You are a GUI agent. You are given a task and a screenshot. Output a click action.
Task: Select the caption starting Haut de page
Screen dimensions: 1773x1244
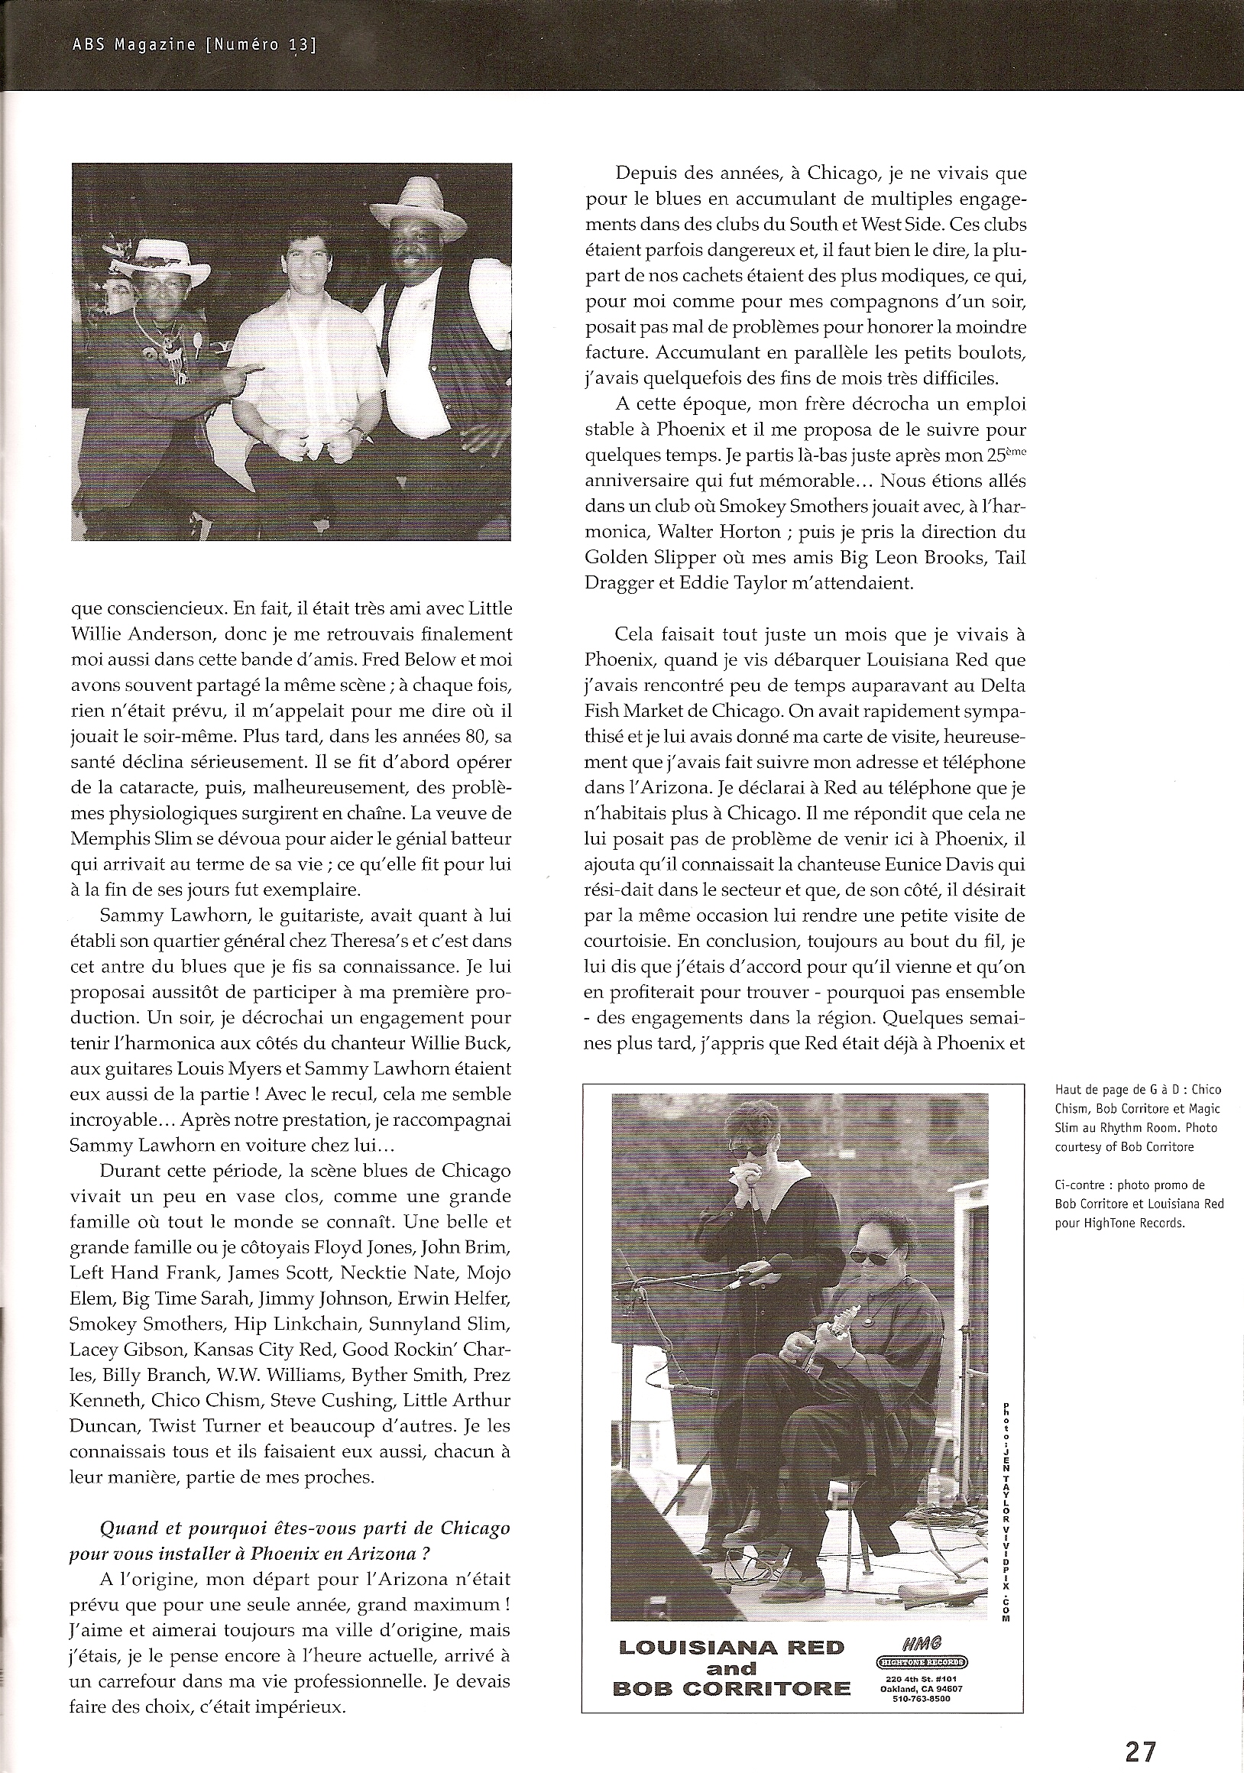(1135, 1117)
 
